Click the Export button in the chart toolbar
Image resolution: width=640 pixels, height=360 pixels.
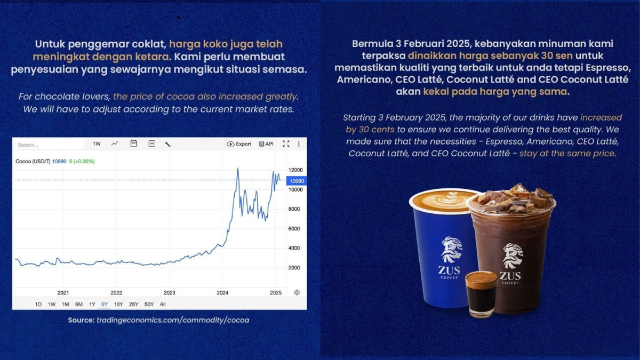coord(239,144)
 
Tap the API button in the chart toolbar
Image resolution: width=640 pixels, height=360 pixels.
coord(266,144)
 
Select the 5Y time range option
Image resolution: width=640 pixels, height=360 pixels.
coord(105,304)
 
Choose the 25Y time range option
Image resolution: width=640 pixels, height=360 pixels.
coord(133,304)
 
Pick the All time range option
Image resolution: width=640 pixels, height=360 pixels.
coord(163,304)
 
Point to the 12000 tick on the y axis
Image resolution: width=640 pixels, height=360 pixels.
coord(296,170)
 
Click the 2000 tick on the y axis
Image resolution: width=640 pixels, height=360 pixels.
coord(294,268)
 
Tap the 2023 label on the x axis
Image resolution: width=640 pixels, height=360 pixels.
coord(170,293)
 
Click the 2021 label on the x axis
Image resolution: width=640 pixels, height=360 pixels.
coord(63,293)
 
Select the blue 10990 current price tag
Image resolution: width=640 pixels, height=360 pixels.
coord(297,181)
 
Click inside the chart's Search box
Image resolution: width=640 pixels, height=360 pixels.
coord(48,145)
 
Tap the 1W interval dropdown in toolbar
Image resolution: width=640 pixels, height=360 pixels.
coord(97,144)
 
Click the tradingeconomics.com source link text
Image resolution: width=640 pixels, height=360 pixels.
coord(172,320)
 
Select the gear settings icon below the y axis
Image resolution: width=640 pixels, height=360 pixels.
coord(297,292)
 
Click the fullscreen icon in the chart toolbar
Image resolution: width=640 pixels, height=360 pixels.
coord(286,144)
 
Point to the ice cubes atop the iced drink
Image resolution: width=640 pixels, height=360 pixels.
coord(512,198)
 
